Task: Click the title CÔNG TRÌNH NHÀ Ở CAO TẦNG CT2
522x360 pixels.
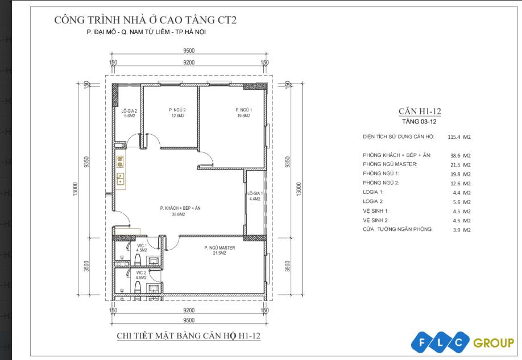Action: tap(145, 20)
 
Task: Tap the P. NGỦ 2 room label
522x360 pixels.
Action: tap(177, 110)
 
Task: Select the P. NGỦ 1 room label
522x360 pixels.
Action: tap(243, 110)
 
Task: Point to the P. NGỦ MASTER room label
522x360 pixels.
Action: tap(219, 248)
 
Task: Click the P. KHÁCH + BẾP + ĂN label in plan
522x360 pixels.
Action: tap(180, 208)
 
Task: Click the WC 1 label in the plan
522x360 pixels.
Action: tap(142, 245)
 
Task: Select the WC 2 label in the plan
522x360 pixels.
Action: tap(142, 272)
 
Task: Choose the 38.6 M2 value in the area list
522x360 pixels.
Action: tap(459, 155)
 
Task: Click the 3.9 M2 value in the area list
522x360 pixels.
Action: tap(459, 229)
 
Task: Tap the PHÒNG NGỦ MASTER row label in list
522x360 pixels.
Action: tap(390, 164)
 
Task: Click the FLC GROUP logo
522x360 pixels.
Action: tap(463, 342)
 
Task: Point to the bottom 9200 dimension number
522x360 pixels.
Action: tap(189, 311)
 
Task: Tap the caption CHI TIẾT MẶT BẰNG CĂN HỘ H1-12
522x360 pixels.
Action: tap(188, 336)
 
